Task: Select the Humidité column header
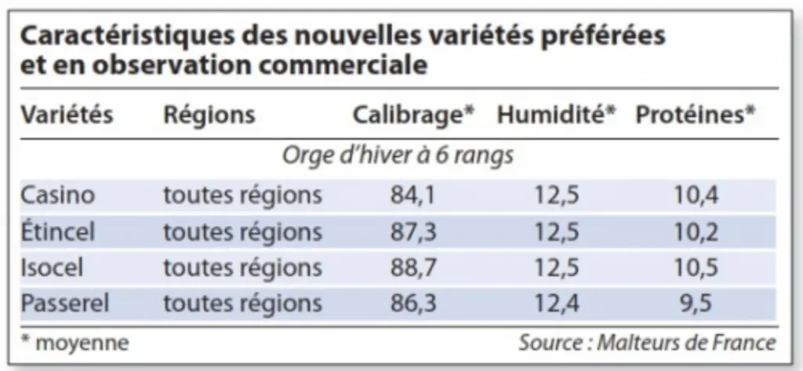pos(556,115)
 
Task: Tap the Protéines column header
pos(696,115)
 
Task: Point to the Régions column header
pos(209,115)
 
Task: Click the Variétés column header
pos(67,115)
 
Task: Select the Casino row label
pos(58,195)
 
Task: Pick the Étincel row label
pos(58,231)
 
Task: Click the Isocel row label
pos(52,267)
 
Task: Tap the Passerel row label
pos(65,304)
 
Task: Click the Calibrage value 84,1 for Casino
pos(412,196)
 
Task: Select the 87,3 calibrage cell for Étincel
pos(413,232)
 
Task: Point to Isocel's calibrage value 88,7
pos(413,268)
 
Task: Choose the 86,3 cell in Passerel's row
pos(413,304)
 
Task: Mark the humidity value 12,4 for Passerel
pos(558,304)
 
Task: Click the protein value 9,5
pos(696,304)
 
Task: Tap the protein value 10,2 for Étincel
pos(696,232)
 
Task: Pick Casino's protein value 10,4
pos(696,196)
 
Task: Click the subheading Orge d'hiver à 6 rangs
pos(398,156)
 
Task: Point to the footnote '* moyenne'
pos(74,342)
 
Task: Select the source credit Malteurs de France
pos(686,342)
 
